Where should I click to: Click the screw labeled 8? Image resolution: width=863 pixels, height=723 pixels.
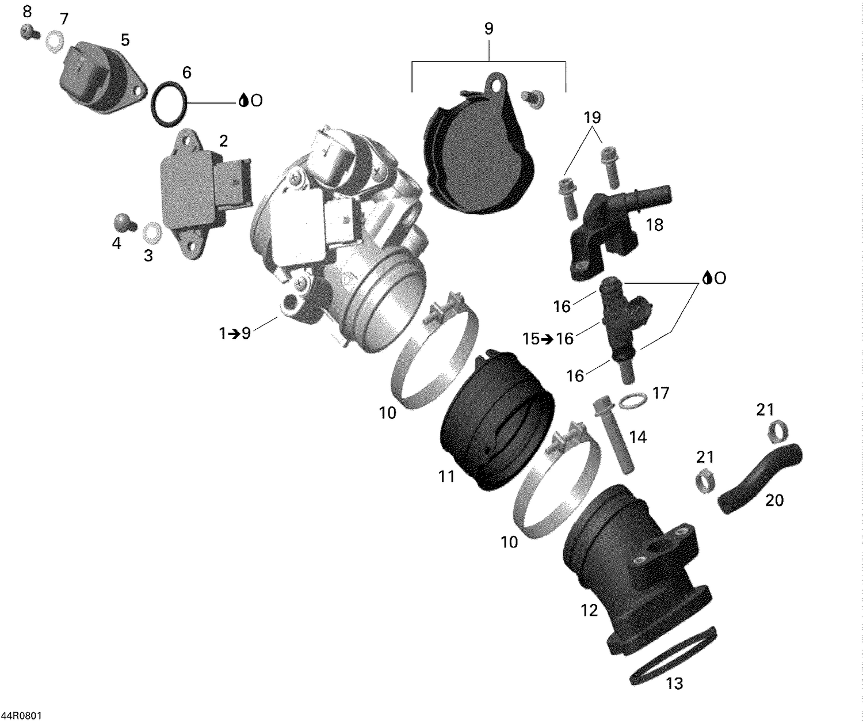click(x=28, y=33)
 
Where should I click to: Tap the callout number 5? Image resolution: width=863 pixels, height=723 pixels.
click(x=125, y=40)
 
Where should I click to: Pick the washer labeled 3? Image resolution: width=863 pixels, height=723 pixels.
click(x=151, y=232)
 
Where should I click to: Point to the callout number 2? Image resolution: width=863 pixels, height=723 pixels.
click(x=223, y=140)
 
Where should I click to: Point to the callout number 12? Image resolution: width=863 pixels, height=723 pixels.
click(x=589, y=610)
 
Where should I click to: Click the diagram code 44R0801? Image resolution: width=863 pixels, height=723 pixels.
click(x=21, y=716)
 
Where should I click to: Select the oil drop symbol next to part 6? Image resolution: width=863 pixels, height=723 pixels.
click(x=244, y=101)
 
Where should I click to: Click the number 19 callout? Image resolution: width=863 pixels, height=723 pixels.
click(x=592, y=117)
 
